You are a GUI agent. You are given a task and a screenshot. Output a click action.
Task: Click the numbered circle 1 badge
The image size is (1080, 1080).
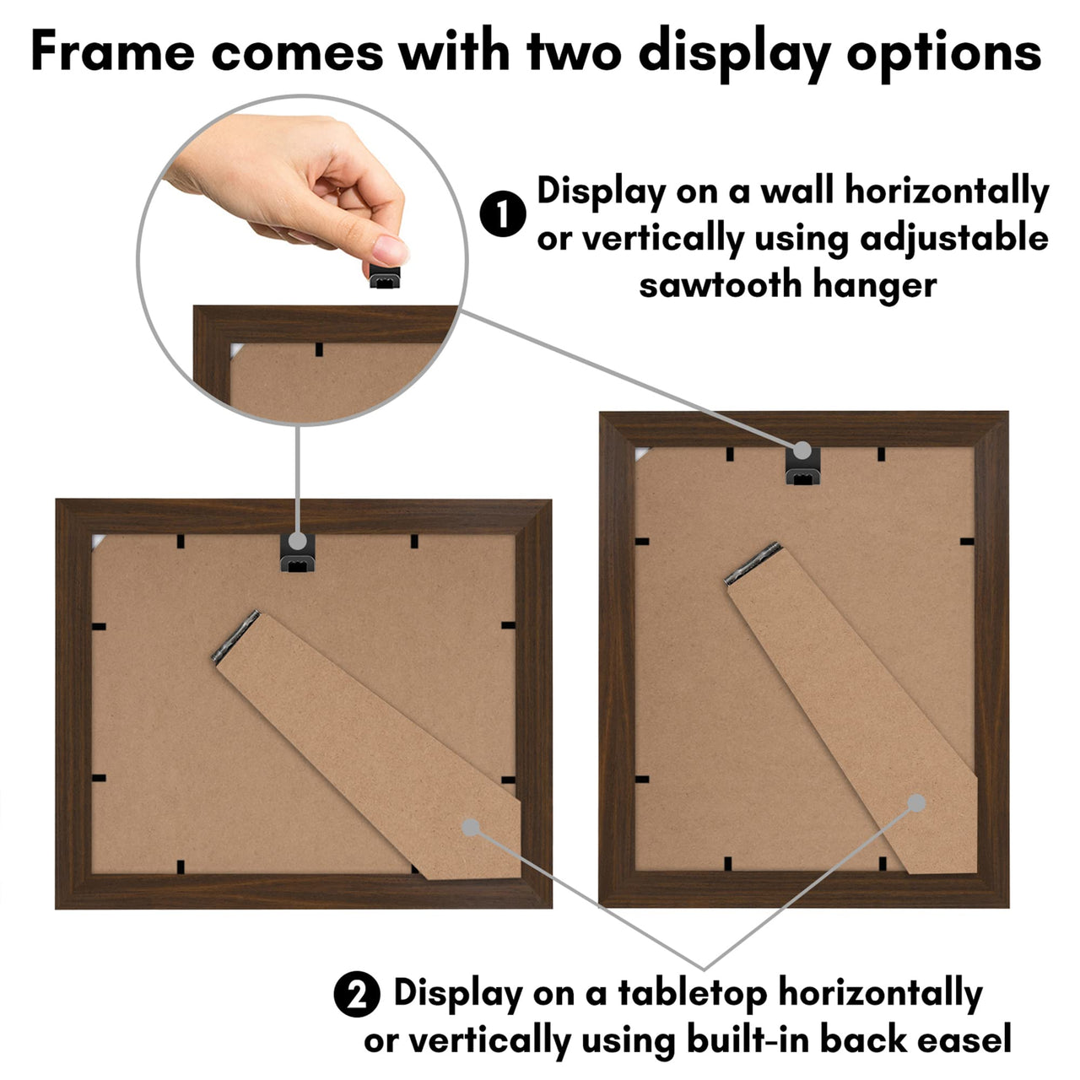(x=503, y=215)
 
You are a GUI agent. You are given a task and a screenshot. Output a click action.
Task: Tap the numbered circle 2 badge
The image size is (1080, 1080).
(x=357, y=996)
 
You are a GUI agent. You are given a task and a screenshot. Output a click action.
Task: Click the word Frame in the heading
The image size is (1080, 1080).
(x=112, y=52)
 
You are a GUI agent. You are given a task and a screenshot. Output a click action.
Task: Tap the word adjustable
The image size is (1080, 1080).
(x=953, y=239)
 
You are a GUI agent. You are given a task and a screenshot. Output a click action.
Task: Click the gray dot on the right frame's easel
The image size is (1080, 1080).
(x=916, y=803)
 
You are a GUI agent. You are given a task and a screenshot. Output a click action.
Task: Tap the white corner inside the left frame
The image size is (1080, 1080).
(x=98, y=541)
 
